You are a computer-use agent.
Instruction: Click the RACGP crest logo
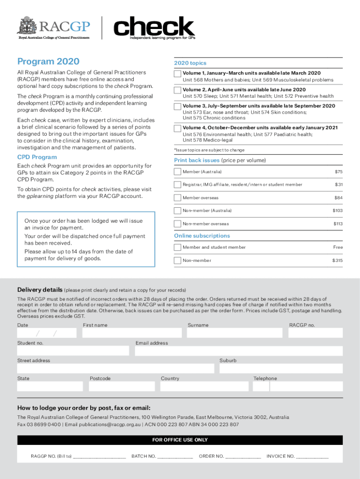[27, 25]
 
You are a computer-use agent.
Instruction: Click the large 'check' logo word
[154, 26]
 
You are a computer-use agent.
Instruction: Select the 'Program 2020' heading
[48, 62]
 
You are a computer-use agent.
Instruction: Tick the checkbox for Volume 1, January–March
[178, 74]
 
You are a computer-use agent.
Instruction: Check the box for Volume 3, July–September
[178, 107]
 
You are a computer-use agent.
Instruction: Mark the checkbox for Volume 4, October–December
[178, 128]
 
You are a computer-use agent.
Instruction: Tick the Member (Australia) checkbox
[178, 172]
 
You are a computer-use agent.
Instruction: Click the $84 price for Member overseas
[338, 198]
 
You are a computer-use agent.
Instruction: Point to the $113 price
[338, 224]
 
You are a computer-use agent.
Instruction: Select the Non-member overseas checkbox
[178, 224]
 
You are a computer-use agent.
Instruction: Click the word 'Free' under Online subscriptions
[338, 247]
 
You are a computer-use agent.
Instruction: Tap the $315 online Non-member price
[337, 261]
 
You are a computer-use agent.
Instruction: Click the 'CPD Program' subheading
[37, 157]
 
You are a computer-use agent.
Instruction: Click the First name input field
[132, 333]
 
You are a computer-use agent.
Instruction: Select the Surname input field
[235, 333]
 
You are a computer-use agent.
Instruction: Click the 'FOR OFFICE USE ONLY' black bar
[180, 440]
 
